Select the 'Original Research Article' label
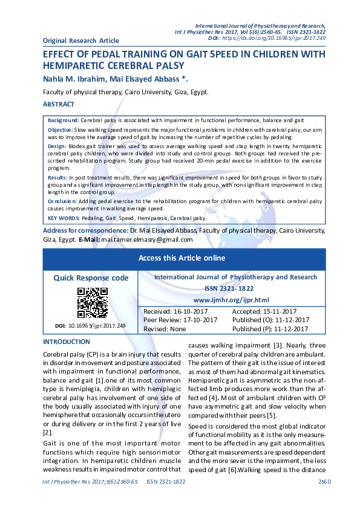(81, 41)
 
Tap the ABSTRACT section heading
(59, 105)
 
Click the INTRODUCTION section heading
(67, 342)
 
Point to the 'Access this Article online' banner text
(182, 258)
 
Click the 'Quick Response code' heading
(91, 278)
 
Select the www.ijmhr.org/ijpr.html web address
(231, 300)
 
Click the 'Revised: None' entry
(165, 329)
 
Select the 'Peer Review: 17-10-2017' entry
(180, 320)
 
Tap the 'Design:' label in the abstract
(56, 146)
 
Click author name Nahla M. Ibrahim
(76, 79)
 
